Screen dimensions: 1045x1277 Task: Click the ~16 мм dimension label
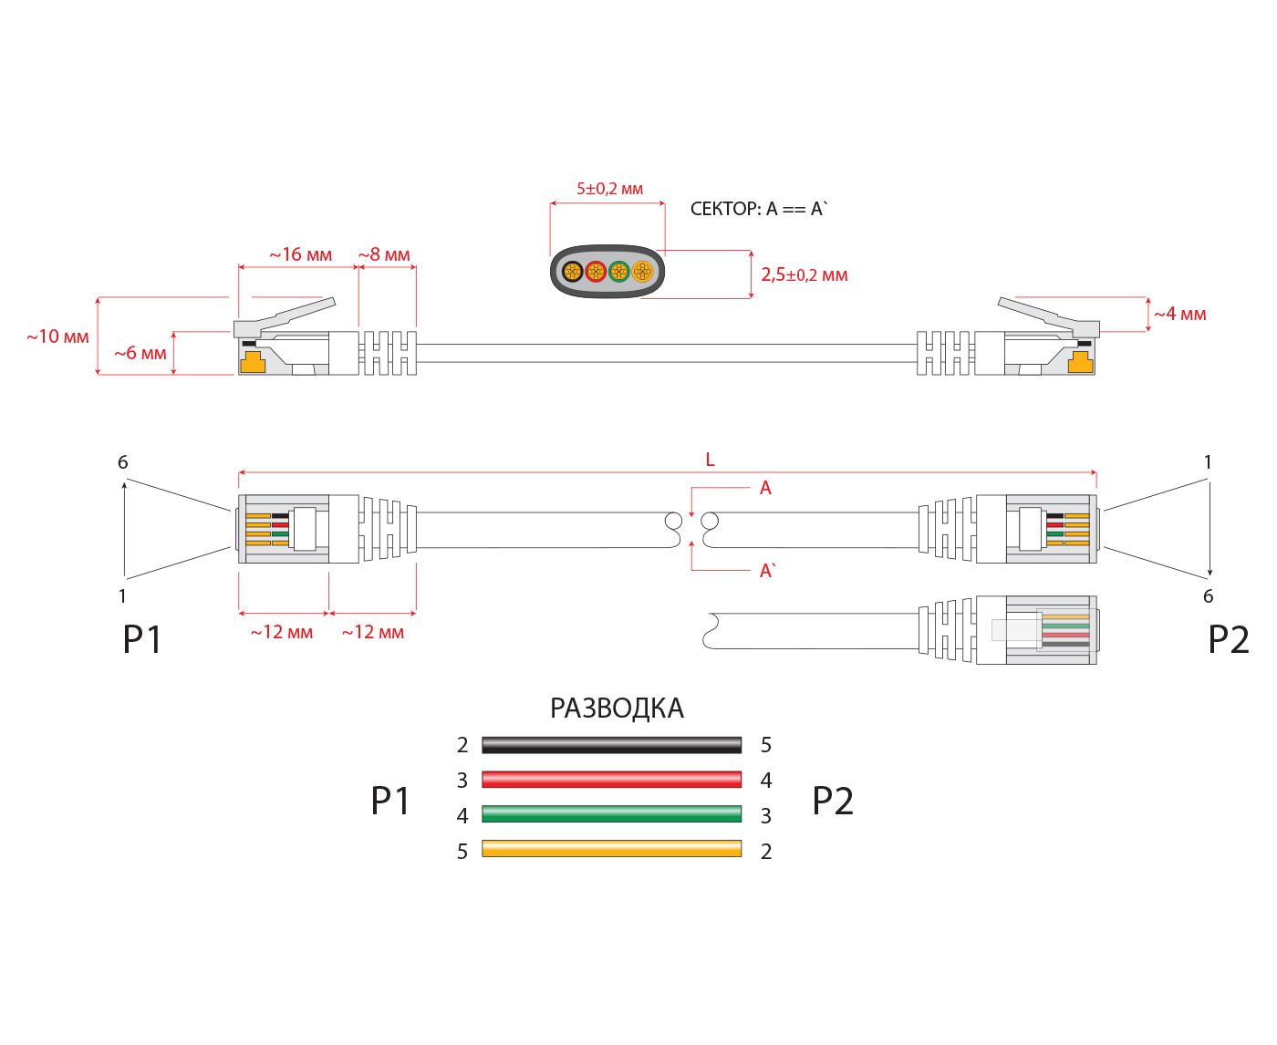click(300, 254)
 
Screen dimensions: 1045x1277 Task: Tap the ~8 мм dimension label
click(384, 254)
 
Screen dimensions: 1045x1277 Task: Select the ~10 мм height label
click(57, 336)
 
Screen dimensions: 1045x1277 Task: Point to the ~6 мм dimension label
click(140, 353)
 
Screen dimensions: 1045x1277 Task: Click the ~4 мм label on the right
click(1179, 314)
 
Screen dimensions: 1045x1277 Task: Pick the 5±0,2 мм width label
click(609, 189)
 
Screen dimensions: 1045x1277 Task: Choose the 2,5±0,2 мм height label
click(805, 274)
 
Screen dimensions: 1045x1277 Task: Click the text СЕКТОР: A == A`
click(758, 209)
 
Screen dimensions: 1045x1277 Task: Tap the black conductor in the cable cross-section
click(573, 271)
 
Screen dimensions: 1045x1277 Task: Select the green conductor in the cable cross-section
click(619, 271)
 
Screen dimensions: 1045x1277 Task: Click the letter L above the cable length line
click(710, 460)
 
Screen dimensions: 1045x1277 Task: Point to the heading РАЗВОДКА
click(617, 709)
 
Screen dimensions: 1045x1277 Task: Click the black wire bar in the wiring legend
click(611, 744)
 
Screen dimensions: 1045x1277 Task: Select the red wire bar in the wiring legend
click(611, 779)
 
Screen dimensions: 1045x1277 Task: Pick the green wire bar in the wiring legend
click(611, 813)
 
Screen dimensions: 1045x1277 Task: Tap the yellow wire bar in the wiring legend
click(611, 848)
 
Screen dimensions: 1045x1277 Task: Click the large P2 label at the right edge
click(1228, 640)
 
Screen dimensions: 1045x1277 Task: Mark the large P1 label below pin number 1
click(142, 640)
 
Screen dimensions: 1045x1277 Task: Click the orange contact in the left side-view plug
click(253, 362)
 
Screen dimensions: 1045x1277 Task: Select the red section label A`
click(767, 571)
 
